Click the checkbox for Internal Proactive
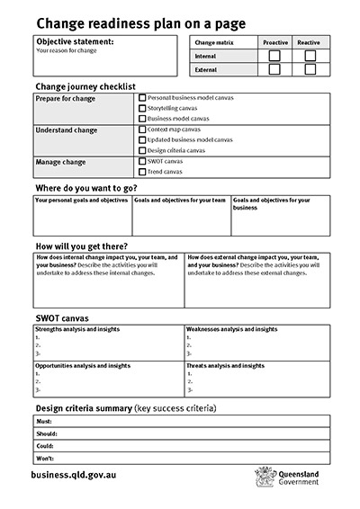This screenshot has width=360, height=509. [274, 56]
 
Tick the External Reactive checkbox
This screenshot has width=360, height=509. [310, 68]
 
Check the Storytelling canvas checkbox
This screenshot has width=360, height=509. [142, 108]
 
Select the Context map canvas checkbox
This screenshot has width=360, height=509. [142, 129]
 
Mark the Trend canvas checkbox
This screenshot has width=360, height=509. [142, 171]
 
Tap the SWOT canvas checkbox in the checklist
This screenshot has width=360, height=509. [142, 161]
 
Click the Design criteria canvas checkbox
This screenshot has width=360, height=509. [142, 150]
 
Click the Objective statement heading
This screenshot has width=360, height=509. [75, 41]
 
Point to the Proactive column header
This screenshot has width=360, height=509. [274, 42]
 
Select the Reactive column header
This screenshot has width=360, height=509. [309, 42]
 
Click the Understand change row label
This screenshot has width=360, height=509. [66, 130]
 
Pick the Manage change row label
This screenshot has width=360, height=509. [60, 162]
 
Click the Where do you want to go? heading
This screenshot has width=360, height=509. [85, 188]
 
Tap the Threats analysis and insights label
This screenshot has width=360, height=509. [225, 366]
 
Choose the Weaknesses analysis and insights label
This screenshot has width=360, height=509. [231, 330]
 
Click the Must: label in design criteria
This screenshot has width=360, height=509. [44, 421]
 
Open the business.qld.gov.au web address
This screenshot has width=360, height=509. [73, 473]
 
